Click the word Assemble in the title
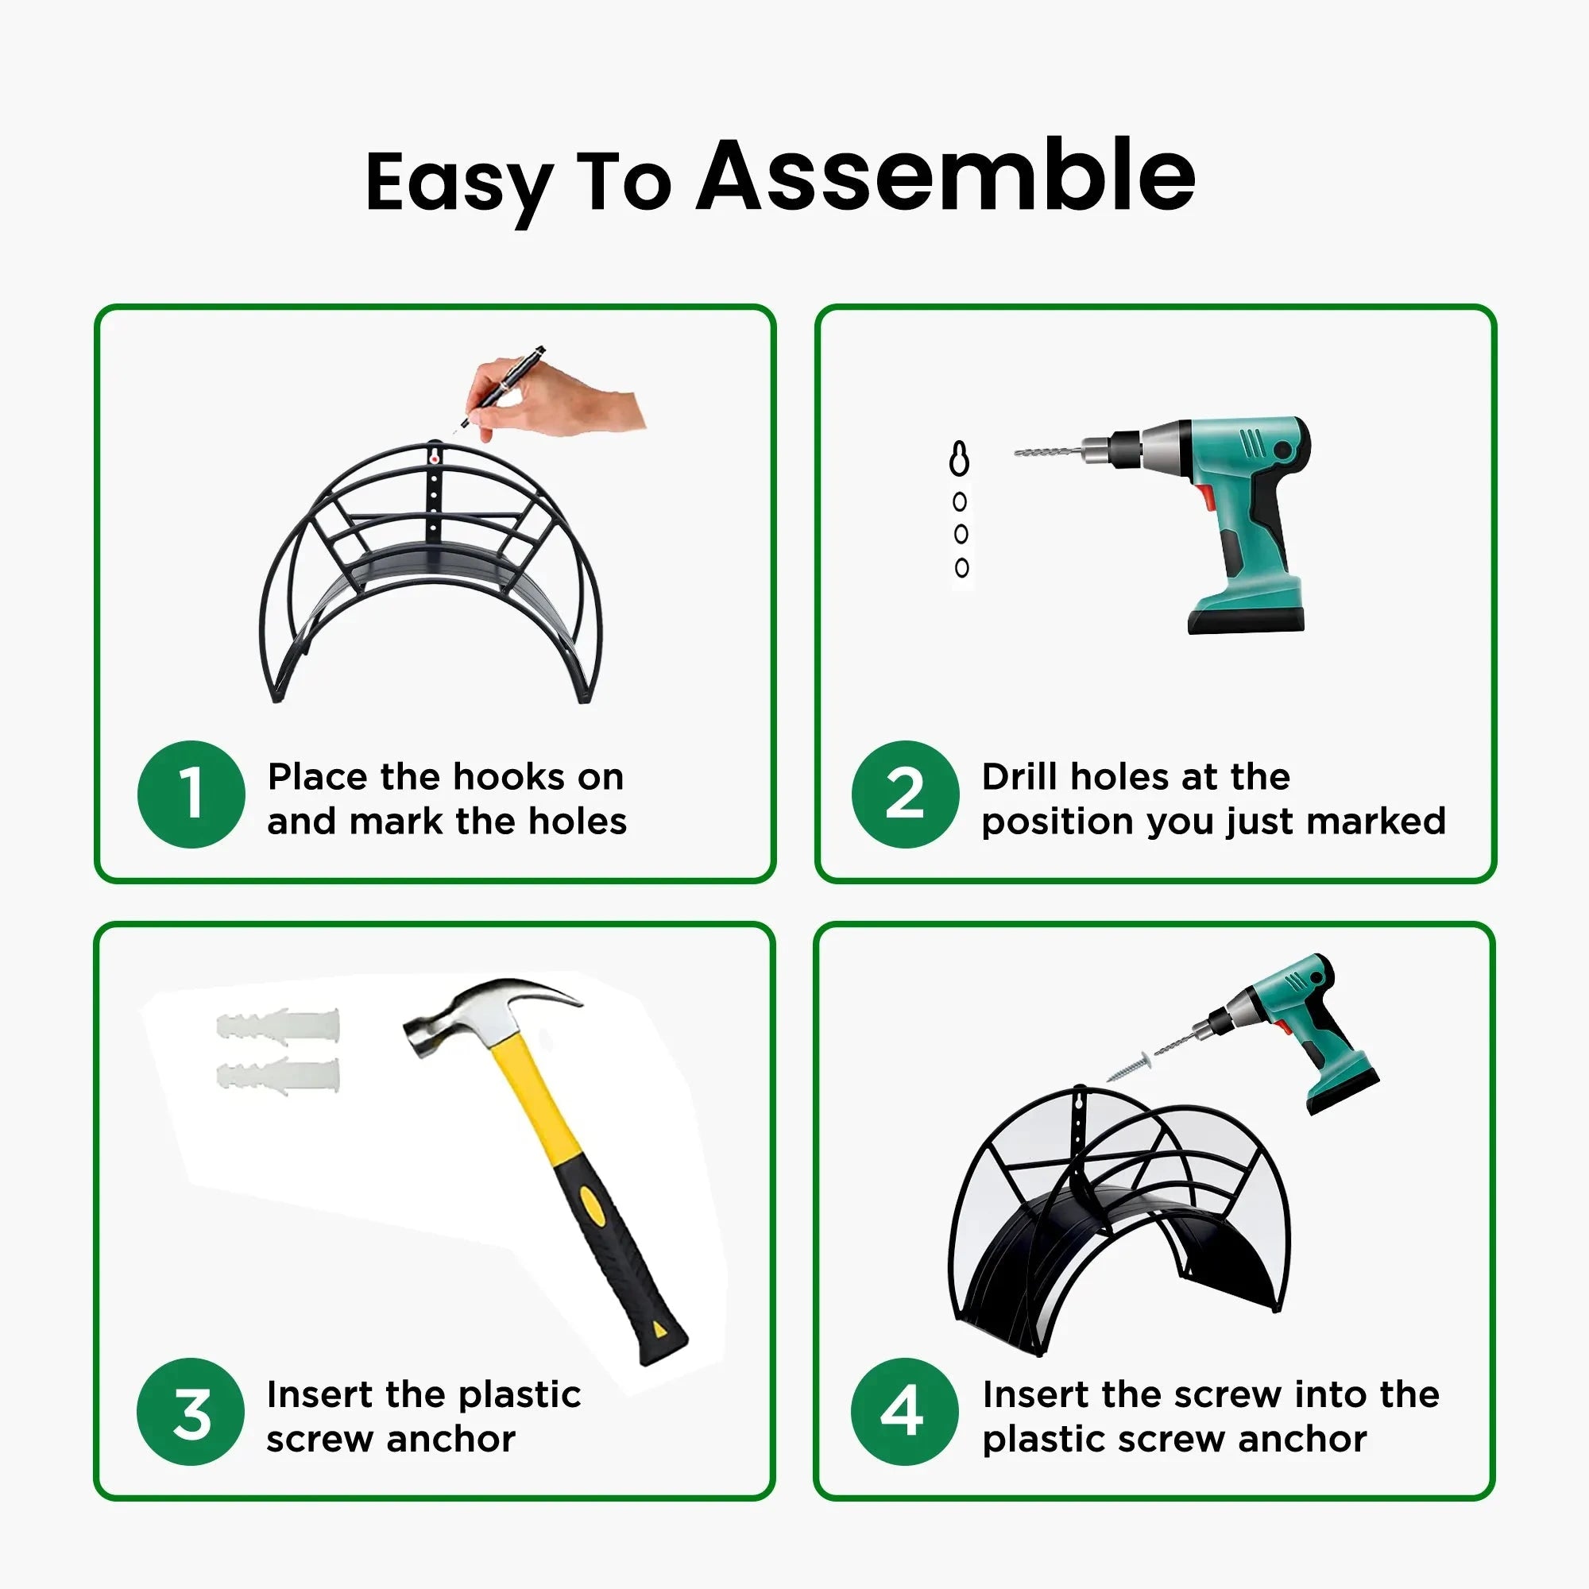(x=945, y=177)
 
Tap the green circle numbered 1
(x=191, y=794)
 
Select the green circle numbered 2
(x=905, y=794)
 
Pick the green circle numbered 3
(x=191, y=1411)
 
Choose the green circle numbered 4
(x=905, y=1411)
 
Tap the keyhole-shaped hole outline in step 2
(x=959, y=459)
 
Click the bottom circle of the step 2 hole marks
(x=961, y=567)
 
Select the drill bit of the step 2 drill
(x=1049, y=451)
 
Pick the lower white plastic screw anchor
(x=278, y=1075)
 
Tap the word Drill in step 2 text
(x=1019, y=776)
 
